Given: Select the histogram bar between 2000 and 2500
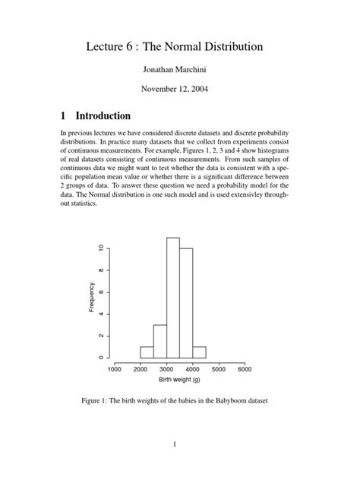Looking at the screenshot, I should coord(147,352).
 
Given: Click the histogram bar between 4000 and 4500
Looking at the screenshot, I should coord(199,352).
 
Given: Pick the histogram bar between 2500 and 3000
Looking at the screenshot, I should coord(159,342).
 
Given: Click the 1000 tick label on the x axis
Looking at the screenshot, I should coord(114,370).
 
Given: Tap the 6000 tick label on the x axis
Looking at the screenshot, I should coord(245,370).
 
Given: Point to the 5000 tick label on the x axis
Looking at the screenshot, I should coord(219,370).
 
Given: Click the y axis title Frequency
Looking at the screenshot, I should coord(91,298).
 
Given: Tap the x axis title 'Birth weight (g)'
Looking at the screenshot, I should coord(179,380).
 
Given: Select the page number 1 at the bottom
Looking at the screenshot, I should coord(174,445).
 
